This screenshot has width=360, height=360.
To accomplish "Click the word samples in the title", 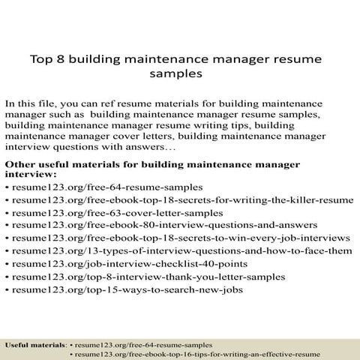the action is pos(179,75).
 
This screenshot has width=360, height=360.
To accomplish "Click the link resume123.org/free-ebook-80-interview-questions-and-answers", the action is pos(139,225).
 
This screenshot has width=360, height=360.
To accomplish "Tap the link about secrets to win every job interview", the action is pos(181,238).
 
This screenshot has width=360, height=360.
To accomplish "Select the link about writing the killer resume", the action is pos(183,199).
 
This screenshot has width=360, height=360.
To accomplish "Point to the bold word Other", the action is pos(22,163).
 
